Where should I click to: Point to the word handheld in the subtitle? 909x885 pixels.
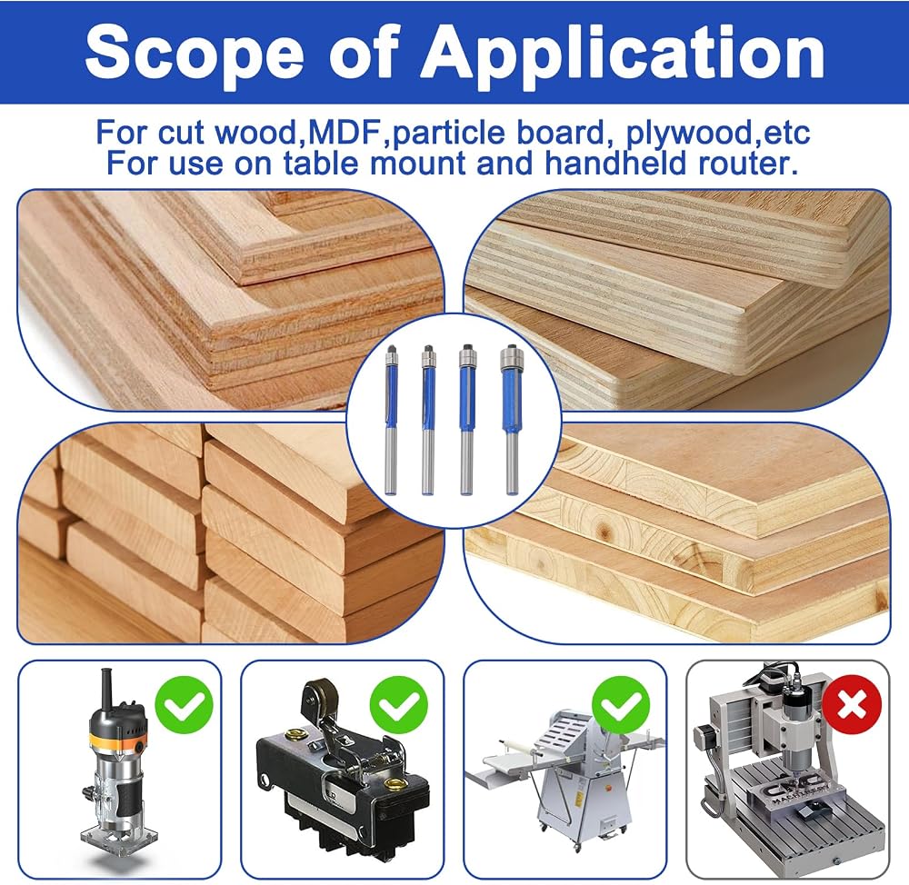615,163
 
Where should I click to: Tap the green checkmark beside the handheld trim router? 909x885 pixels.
185,705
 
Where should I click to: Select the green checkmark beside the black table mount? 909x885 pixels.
399,705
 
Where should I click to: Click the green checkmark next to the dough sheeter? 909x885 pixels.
621,705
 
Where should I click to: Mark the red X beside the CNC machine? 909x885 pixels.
852,705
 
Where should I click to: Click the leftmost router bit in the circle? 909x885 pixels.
392,420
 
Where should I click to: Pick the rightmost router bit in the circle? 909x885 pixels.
511,420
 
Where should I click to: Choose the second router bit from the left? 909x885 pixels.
428,420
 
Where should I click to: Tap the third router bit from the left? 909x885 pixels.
466,420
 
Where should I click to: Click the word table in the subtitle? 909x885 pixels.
321,163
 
